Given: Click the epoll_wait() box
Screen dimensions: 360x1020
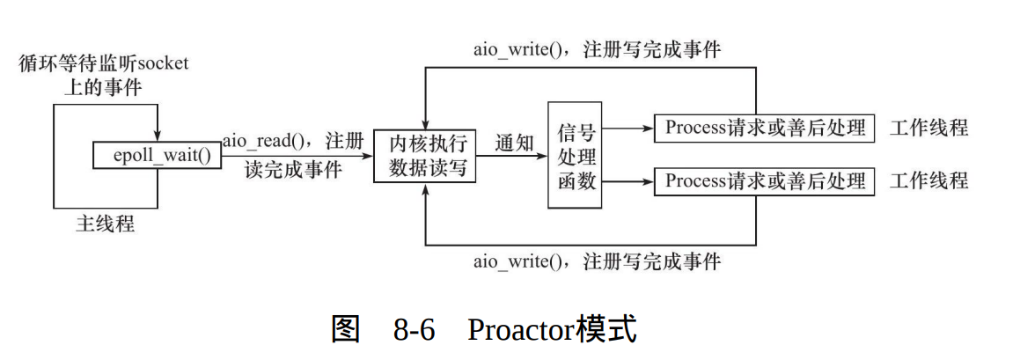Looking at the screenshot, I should click(x=157, y=156).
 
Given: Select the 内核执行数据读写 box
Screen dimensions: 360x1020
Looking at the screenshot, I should click(x=425, y=156).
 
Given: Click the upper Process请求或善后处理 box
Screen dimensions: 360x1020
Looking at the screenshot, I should click(x=765, y=128).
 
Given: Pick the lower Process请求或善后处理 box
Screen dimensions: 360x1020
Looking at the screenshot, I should click(x=765, y=181).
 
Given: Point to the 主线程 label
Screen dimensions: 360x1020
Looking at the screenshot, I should click(x=105, y=224).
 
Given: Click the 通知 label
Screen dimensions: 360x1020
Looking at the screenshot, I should click(x=514, y=143).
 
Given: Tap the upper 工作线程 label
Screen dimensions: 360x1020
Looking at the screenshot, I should click(x=928, y=128).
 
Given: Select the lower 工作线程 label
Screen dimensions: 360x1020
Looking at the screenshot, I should click(x=928, y=181).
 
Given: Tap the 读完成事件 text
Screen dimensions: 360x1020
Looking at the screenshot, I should click(x=292, y=170).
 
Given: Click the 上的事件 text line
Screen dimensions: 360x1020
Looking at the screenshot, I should click(x=104, y=87).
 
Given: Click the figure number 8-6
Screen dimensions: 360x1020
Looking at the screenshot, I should click(x=416, y=330).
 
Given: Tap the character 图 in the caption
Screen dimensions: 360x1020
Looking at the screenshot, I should click(x=345, y=330).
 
